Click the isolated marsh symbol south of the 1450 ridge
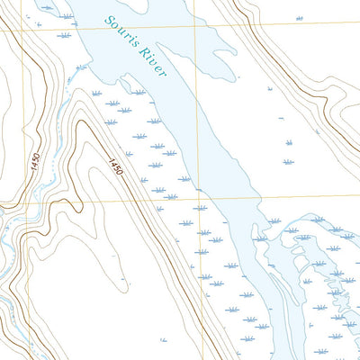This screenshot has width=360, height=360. pos(163,339)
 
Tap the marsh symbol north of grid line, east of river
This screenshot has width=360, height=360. pos(300,18)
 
